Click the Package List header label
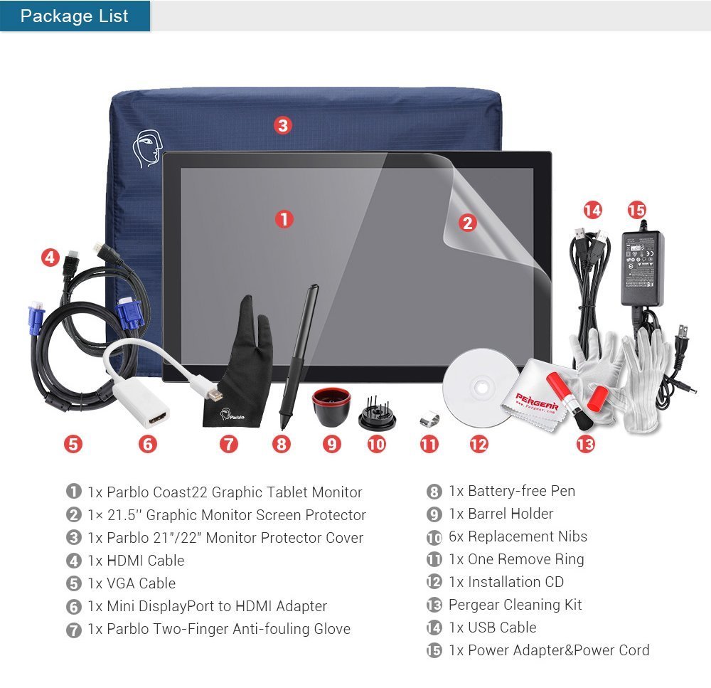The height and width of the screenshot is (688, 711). point(75,16)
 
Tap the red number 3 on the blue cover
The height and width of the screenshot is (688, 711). point(283,126)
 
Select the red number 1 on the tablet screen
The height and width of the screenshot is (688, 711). point(284,219)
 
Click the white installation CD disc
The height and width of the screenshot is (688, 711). point(478,390)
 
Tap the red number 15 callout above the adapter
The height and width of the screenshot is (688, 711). point(637,211)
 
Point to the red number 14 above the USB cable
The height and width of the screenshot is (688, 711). point(592,211)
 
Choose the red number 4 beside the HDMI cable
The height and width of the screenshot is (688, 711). point(50,258)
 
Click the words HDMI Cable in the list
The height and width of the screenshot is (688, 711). point(145,561)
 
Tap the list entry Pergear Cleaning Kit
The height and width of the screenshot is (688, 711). point(515,605)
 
